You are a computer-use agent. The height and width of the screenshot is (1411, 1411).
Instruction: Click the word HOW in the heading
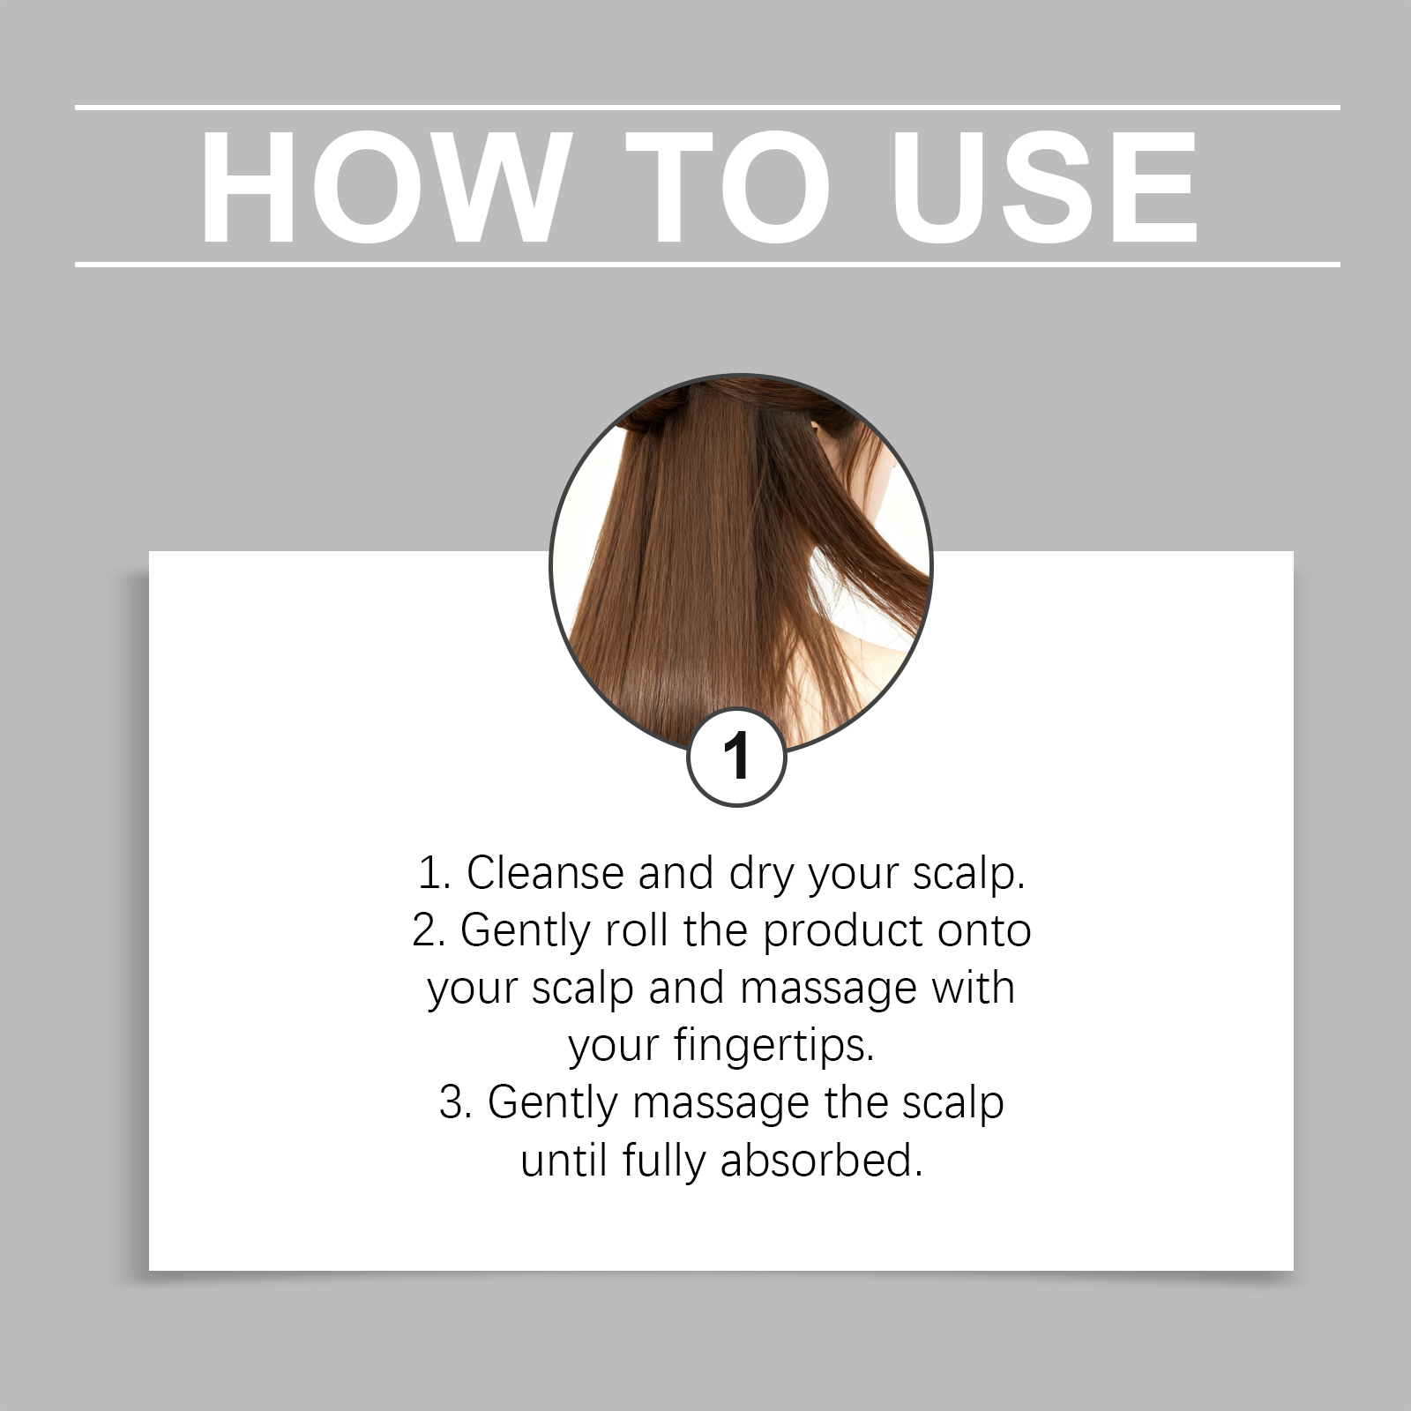pyautogui.click(x=382, y=187)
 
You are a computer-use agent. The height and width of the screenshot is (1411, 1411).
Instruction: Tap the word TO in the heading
pyautogui.click(x=728, y=187)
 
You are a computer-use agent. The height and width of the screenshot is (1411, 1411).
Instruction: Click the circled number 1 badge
pyautogui.click(x=736, y=757)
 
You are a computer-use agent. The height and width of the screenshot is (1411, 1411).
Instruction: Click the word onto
pyautogui.click(x=984, y=931)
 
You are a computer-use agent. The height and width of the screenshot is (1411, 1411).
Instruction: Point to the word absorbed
pyautogui.click(x=820, y=1161)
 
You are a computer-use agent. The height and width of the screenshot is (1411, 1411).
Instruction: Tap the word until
pyautogui.click(x=564, y=1161)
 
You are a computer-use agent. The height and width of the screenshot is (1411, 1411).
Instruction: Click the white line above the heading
pyautogui.click(x=707, y=108)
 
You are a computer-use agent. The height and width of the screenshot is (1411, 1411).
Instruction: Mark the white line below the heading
pyautogui.click(x=707, y=264)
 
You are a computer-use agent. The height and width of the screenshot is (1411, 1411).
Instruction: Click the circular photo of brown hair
pyautogui.click(x=741, y=564)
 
